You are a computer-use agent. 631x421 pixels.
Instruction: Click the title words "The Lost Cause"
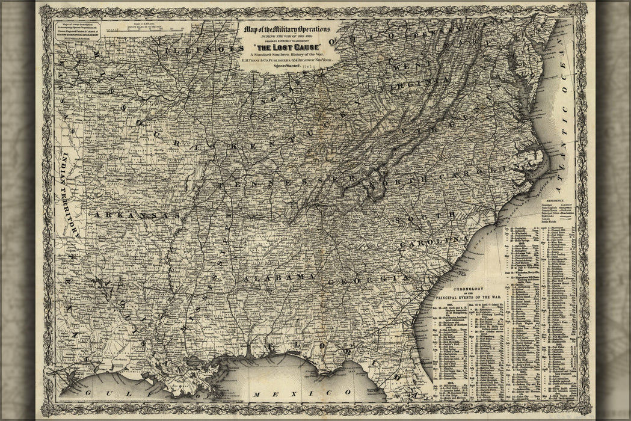point(291,47)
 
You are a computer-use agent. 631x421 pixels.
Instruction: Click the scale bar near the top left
point(138,26)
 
